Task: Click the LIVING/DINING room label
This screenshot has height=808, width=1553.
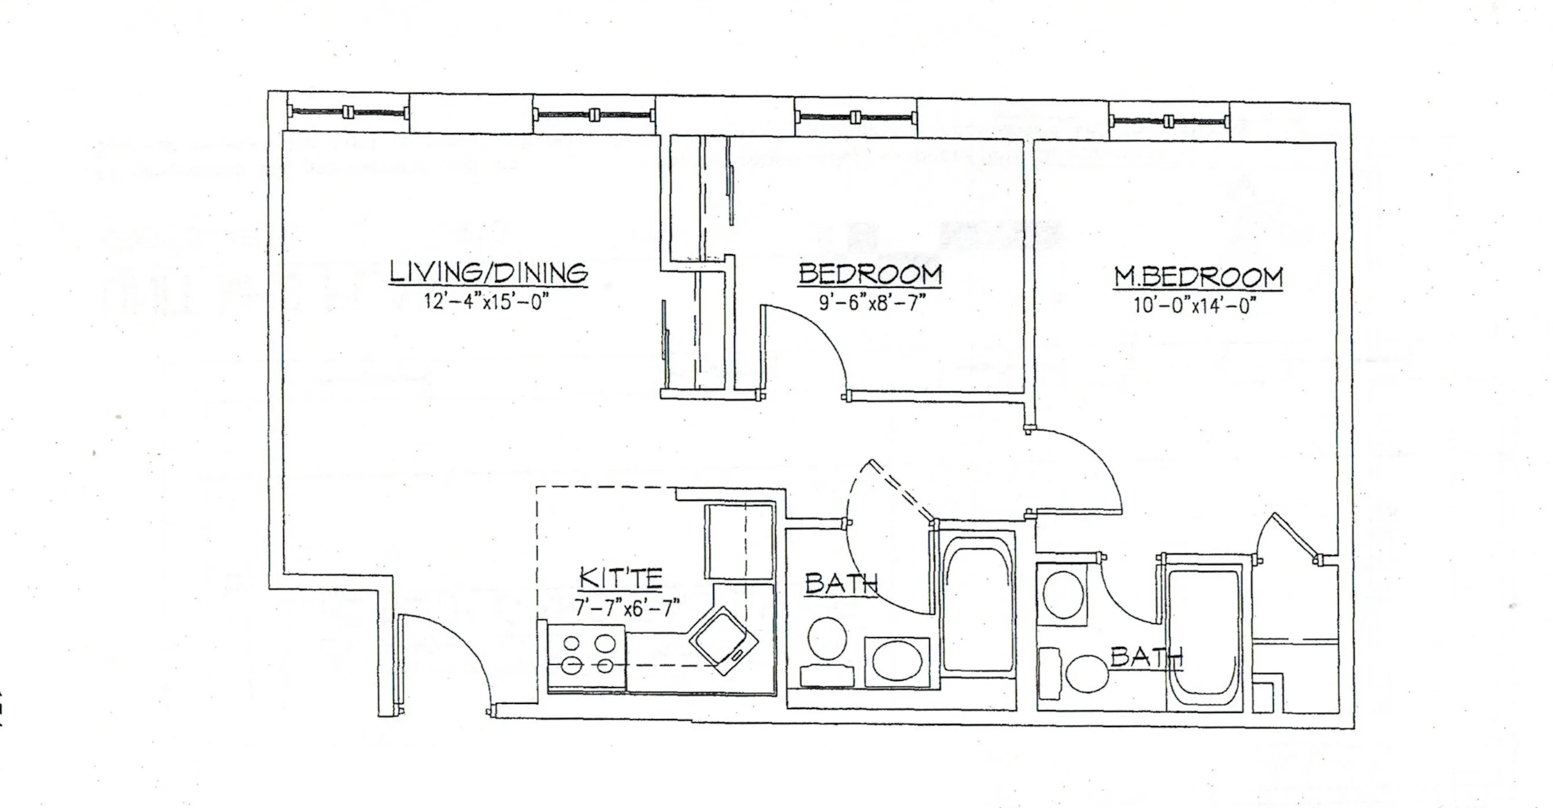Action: pos(489,272)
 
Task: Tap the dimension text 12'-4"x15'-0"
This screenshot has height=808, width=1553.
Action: pos(489,301)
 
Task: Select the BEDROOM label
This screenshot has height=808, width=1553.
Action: pos(870,275)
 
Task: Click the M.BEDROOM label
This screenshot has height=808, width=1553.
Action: pos(1198,277)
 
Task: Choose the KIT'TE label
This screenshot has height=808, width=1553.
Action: pos(621,579)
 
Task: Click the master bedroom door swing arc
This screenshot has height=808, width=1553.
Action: pos(1079,470)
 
